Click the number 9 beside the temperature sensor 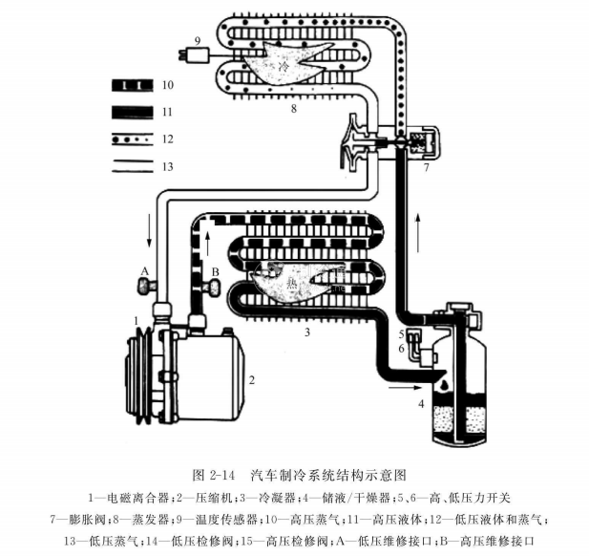(196, 40)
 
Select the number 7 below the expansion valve (427, 167)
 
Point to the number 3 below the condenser (306, 331)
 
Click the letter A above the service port (144, 271)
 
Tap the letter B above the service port (216, 271)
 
